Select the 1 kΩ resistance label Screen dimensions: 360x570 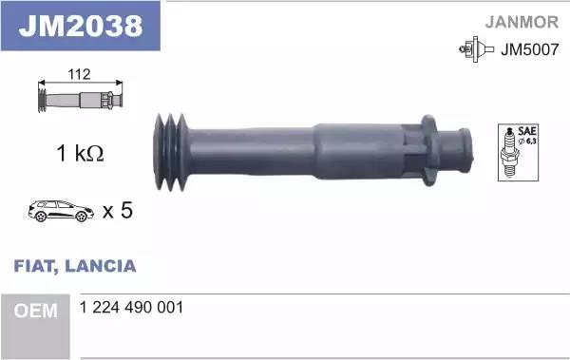point(78,153)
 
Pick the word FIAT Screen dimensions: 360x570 point(34,266)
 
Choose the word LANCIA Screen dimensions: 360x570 point(103,266)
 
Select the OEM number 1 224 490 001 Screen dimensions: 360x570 point(133,308)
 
